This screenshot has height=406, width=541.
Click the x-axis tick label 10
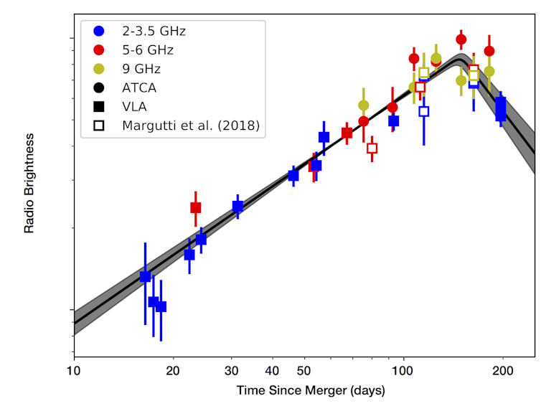tap(73, 371)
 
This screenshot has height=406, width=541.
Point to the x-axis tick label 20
tap(172, 371)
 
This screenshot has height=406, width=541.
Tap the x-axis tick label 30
tap(231, 371)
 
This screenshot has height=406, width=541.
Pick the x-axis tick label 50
tap(304, 371)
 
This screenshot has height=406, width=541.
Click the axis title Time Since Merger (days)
tap(311, 391)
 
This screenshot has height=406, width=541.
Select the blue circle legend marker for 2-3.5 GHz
tap(99, 31)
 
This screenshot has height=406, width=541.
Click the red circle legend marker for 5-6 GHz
tap(99, 49)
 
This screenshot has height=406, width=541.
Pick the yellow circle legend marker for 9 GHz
tap(99, 69)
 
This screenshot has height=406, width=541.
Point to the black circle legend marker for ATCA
tap(99, 88)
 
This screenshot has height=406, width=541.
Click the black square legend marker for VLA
tap(99, 107)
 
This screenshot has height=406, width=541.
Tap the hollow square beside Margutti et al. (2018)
tap(99, 126)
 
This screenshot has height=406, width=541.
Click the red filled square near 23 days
tap(195, 207)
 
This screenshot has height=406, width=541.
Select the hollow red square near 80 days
tap(372, 148)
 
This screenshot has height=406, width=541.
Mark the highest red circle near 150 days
tap(461, 39)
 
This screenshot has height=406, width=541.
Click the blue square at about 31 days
tap(237, 207)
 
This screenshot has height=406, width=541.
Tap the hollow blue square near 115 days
tap(423, 111)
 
